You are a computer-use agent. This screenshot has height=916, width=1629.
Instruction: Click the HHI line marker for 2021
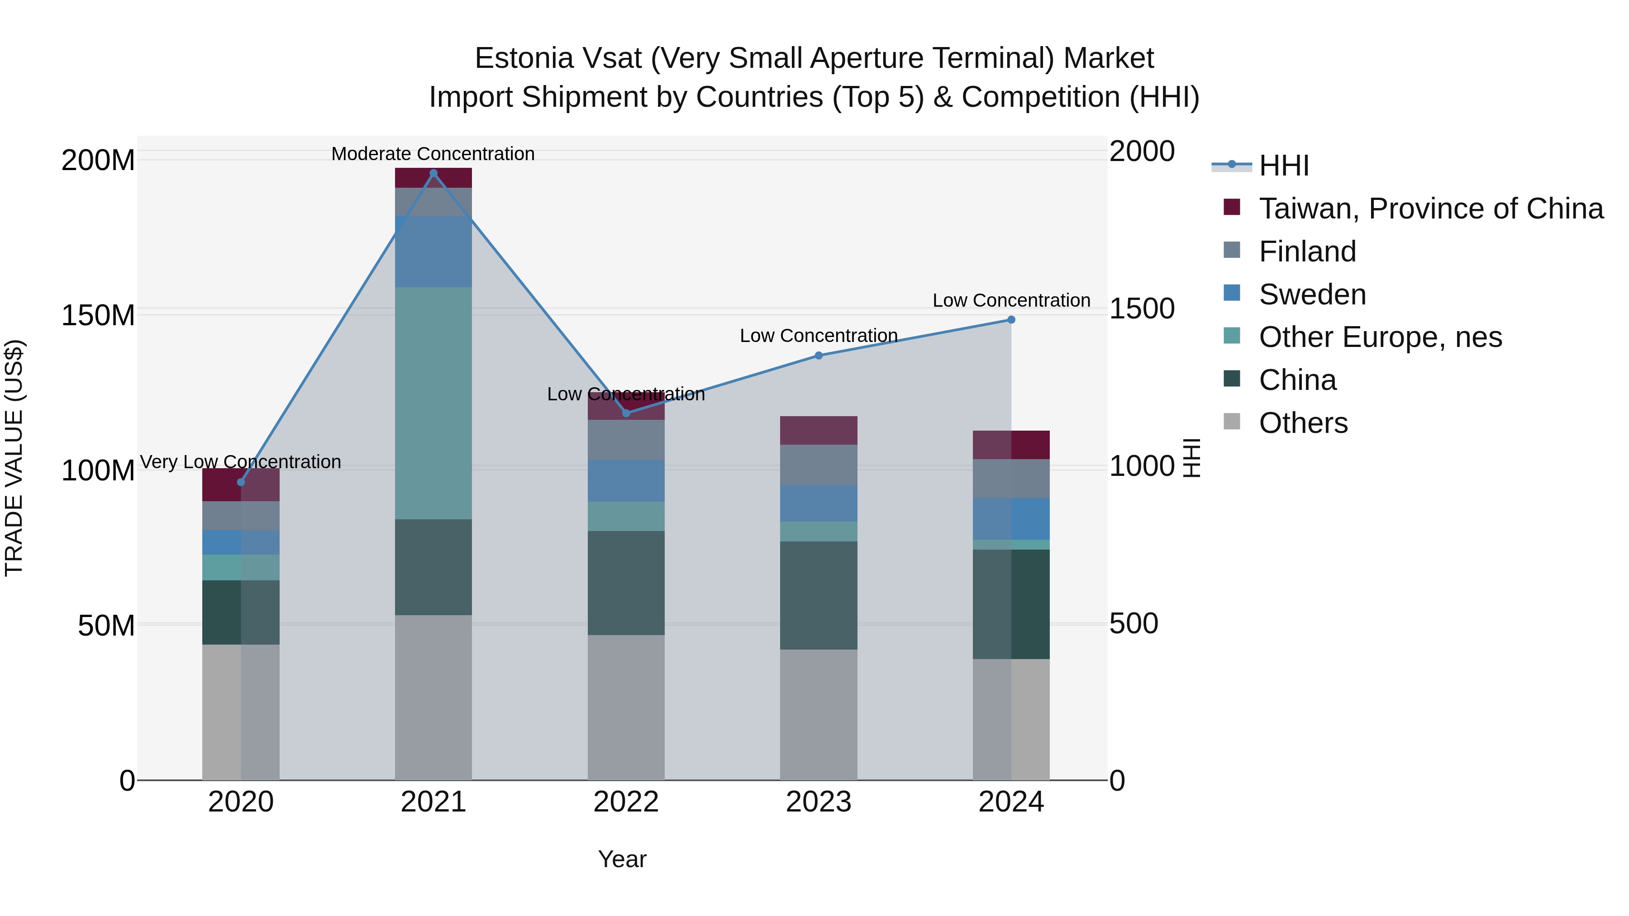click(x=433, y=173)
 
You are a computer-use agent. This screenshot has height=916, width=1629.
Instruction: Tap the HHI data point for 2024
click(x=1011, y=320)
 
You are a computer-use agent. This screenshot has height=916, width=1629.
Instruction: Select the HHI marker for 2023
click(x=818, y=355)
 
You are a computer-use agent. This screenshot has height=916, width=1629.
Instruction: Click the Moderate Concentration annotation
click(x=433, y=154)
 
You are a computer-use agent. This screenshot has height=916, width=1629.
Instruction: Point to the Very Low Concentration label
click(x=240, y=462)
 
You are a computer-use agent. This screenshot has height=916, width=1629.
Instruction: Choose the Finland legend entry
click(x=1307, y=252)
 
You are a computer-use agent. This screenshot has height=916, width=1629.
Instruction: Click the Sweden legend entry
click(x=1312, y=294)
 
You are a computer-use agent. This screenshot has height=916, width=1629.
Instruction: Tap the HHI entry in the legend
click(x=1283, y=166)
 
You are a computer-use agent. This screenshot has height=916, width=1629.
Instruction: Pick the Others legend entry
click(x=1303, y=423)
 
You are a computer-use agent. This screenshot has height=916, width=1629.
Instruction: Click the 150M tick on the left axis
click(x=98, y=315)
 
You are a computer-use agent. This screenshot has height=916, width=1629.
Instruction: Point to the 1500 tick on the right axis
click(x=1142, y=309)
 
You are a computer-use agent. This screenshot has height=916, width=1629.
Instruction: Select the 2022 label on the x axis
click(x=626, y=802)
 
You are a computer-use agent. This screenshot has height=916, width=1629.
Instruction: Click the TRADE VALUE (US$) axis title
click(x=14, y=458)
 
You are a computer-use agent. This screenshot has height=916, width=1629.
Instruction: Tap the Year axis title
click(x=622, y=859)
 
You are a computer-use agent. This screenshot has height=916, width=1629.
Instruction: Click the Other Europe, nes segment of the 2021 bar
click(x=433, y=403)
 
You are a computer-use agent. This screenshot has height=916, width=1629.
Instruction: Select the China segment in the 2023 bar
click(x=818, y=595)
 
